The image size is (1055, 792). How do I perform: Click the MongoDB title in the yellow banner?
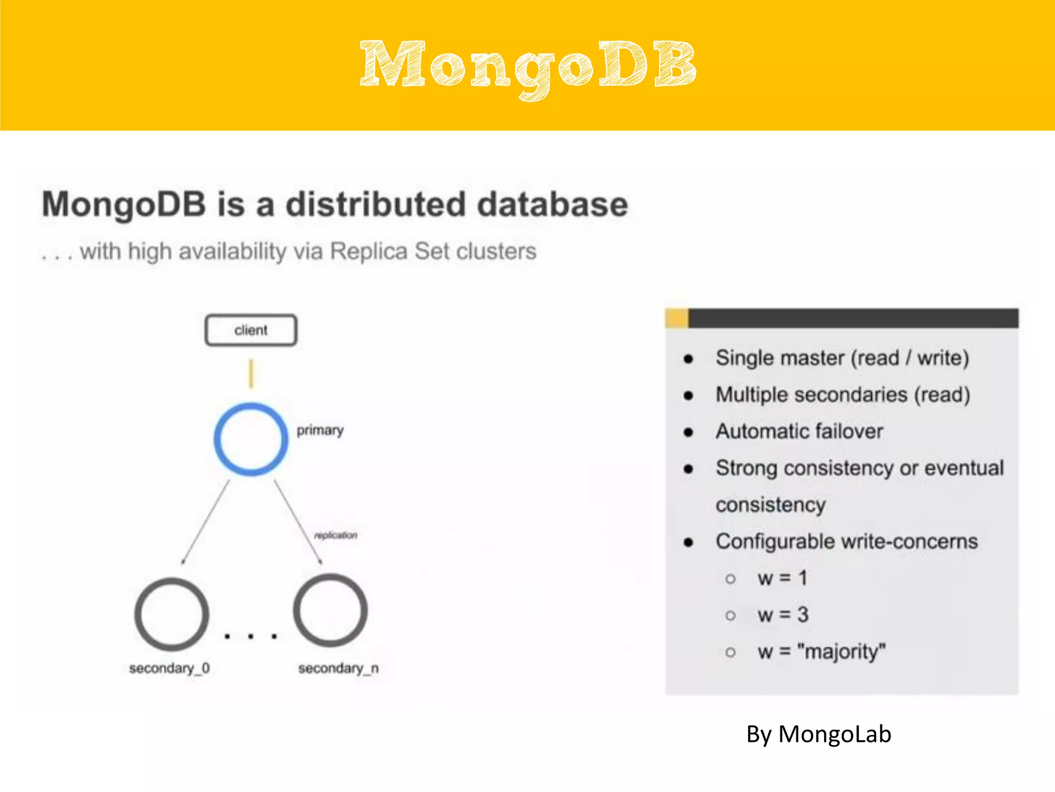pos(527,67)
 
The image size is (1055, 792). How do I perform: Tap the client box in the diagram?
pos(251,330)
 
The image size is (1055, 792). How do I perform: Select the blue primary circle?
pos(251,439)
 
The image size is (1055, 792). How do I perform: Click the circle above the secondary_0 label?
pos(172,614)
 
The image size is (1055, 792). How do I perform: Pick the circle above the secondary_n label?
pos(330,610)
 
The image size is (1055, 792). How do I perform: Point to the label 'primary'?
pos(320,430)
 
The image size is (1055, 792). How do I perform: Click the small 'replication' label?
pos(335,535)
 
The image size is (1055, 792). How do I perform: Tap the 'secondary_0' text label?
pos(169,668)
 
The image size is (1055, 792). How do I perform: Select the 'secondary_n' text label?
pos(338,668)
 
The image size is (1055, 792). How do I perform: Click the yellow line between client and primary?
pos(251,373)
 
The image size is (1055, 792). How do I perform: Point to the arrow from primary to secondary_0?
pos(205,522)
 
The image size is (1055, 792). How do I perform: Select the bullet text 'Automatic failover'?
pos(799,431)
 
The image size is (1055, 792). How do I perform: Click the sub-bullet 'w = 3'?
pos(782,615)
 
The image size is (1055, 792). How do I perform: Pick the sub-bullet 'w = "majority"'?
pos(821,652)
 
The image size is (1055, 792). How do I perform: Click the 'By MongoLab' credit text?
pos(819,734)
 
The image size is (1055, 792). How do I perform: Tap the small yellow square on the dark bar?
pos(676,318)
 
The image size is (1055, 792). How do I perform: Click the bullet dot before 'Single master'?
pos(688,359)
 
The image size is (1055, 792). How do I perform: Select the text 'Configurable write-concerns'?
pos(846,541)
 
